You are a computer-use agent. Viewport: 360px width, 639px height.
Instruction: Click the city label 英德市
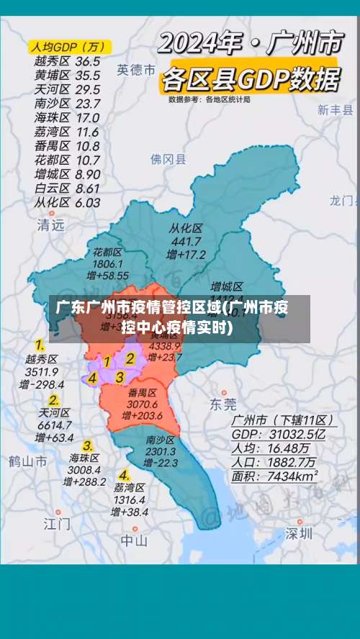pyautogui.click(x=136, y=70)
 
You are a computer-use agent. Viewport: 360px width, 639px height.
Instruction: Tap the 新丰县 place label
pyautogui.click(x=336, y=110)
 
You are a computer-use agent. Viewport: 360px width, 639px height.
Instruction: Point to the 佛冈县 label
pyautogui.click(x=168, y=159)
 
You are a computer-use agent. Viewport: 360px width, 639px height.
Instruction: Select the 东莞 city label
pyautogui.click(x=222, y=404)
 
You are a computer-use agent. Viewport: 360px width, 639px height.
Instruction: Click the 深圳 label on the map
pyautogui.click(x=298, y=533)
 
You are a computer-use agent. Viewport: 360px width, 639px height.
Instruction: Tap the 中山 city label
pyautogui.click(x=134, y=540)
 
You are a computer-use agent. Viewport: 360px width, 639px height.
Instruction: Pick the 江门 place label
pyautogui.click(x=57, y=522)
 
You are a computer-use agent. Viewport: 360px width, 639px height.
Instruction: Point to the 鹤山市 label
pyautogui.click(x=28, y=461)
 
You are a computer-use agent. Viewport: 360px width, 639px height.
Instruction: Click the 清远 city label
pyautogui.click(x=50, y=225)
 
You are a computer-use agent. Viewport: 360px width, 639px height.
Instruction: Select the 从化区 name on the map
pyautogui.click(x=186, y=228)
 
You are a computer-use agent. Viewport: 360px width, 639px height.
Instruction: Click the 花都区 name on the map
pyautogui.click(x=107, y=252)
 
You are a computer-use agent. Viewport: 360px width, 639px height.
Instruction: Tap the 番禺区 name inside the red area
pyautogui.click(x=143, y=393)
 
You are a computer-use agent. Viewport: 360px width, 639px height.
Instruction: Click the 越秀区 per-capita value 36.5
pyautogui.click(x=88, y=61)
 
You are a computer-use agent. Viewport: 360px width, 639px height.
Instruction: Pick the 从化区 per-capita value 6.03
pyautogui.click(x=87, y=202)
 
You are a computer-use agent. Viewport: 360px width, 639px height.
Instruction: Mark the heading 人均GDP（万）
pyautogui.click(x=67, y=47)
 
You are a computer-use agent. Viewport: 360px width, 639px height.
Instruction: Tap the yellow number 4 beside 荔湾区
pyautogui.click(x=125, y=475)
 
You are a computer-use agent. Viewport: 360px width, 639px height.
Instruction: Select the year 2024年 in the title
pyautogui.click(x=198, y=45)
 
